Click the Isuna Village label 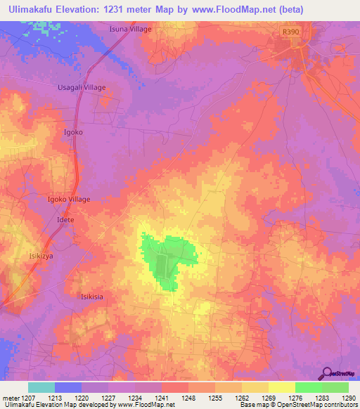point(130,30)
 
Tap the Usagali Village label point(81,87)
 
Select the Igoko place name point(73,132)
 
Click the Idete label point(65,220)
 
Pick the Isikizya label point(40,256)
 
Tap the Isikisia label point(92,297)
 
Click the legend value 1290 point(348,398)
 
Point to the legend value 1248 point(188,398)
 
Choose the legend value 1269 point(268,398)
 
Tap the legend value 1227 point(108,398)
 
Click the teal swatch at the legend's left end point(41,387)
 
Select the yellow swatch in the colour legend point(281,387)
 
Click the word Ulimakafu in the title point(29,10)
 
